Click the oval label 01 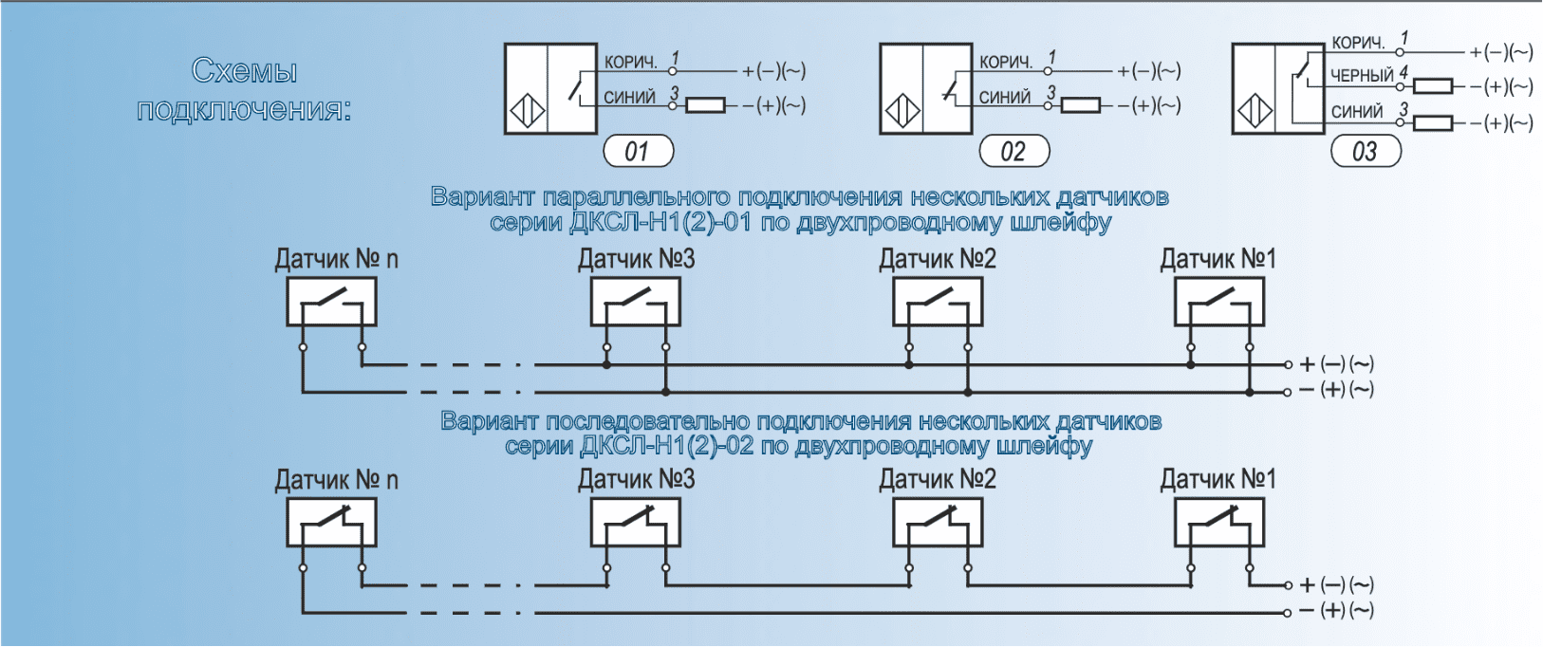(x=638, y=151)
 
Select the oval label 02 (x=1013, y=151)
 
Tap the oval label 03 (x=1366, y=151)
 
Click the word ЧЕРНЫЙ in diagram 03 (x=1362, y=75)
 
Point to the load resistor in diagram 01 (x=705, y=104)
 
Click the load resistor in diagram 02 (x=1081, y=104)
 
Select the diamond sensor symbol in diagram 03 (x=1255, y=113)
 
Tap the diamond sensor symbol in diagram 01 (x=528, y=113)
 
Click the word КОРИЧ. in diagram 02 (x=1006, y=62)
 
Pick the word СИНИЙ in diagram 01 (x=629, y=97)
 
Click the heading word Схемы (x=244, y=71)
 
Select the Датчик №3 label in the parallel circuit (x=636, y=259)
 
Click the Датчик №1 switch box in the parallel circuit (x=1219, y=304)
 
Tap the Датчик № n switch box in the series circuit (x=331, y=523)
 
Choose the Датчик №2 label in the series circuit (x=938, y=480)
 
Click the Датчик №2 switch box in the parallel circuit (x=938, y=304)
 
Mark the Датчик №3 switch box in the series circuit (x=635, y=523)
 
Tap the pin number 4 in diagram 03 (x=1404, y=72)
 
